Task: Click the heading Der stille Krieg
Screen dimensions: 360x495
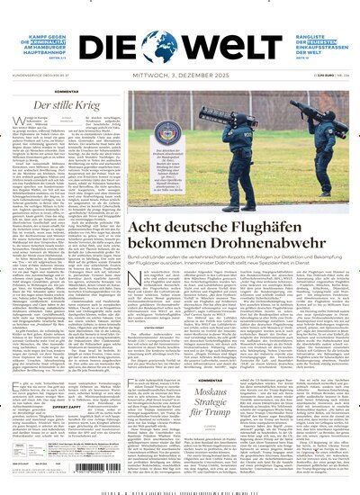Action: [x=62, y=106]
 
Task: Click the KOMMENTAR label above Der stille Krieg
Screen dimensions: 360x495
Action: [x=61, y=93]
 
